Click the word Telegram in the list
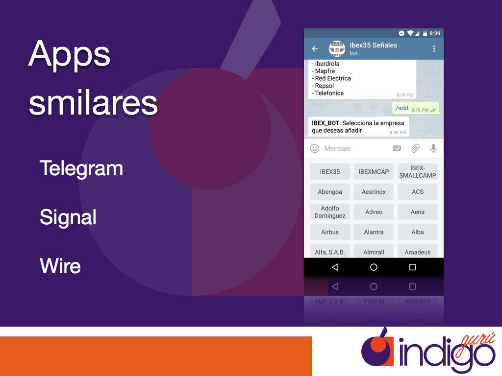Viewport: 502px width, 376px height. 81,169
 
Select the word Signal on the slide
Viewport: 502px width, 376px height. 68,217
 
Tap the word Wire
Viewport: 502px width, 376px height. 60,266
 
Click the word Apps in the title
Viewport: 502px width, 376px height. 70,54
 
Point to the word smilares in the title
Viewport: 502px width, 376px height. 93,103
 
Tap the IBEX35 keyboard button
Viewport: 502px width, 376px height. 330,172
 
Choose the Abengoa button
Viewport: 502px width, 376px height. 330,192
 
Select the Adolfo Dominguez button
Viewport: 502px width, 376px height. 330,212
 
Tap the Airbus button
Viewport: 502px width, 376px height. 330,232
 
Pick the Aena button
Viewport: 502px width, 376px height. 418,212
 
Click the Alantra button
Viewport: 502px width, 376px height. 374,232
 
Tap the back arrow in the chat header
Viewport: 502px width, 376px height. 315,48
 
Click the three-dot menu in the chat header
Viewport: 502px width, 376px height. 434,48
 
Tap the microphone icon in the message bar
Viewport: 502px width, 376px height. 433,148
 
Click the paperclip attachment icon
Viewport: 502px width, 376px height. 415,148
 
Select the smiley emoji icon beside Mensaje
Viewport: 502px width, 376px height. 315,148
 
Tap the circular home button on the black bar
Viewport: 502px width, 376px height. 374,267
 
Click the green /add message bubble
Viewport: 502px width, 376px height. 416,108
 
